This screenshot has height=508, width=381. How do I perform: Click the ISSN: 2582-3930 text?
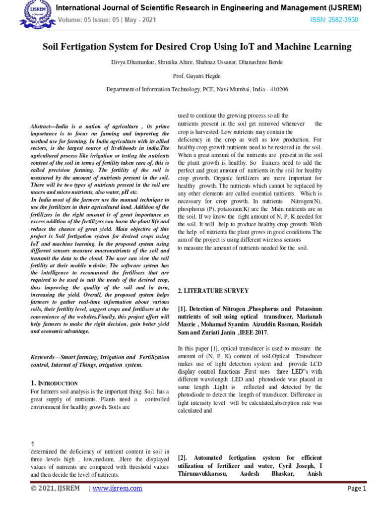point(334,20)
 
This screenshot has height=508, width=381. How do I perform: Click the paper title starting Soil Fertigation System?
point(197,47)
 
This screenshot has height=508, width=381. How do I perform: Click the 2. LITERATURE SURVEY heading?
point(213,291)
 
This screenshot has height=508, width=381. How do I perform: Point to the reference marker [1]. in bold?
point(183,309)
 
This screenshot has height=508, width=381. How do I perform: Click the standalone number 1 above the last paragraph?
point(32,444)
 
